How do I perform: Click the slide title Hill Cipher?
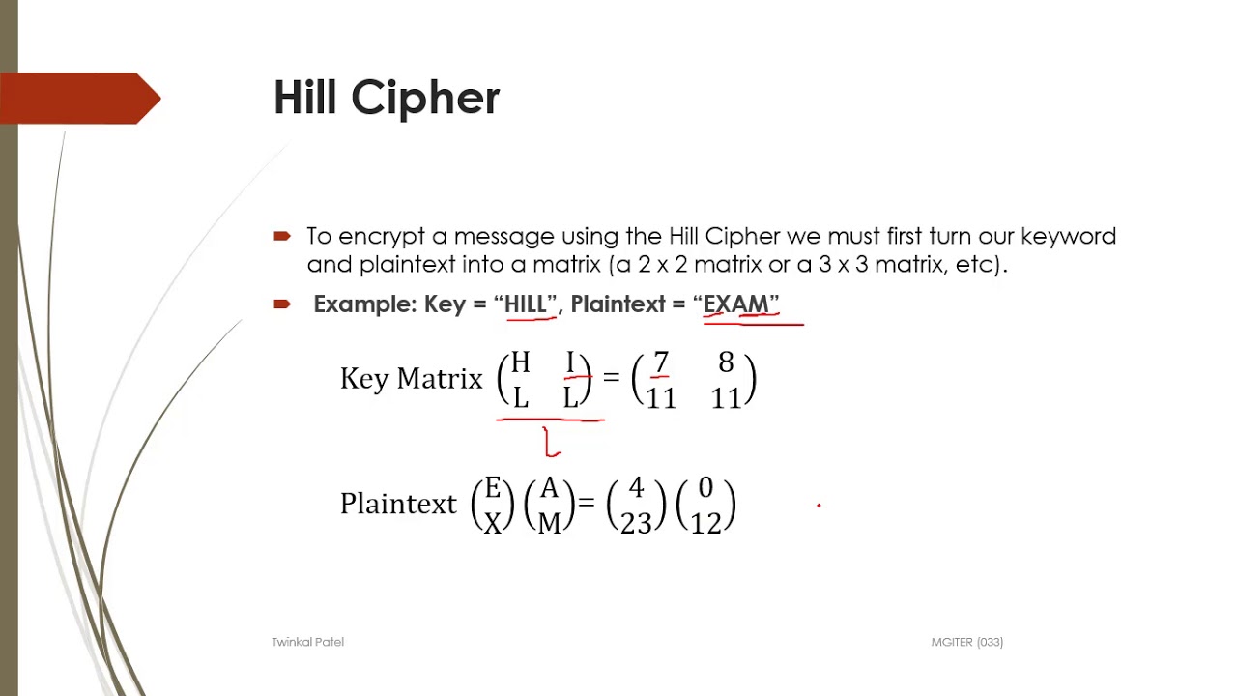coord(387,98)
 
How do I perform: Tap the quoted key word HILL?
coord(526,304)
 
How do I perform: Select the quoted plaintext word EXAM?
coord(735,304)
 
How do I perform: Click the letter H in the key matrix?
coord(520,362)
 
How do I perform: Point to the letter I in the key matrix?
coord(570,362)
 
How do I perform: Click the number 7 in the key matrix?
coord(661,362)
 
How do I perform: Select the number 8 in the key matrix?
coord(726,362)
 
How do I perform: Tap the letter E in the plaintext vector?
coord(493,488)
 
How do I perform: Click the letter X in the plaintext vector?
coord(493,523)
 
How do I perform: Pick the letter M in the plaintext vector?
coord(549,523)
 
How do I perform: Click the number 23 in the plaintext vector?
coord(636,523)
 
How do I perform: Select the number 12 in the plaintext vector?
coord(705,523)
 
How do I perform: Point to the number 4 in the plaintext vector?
coord(636,488)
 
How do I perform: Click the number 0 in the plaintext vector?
coord(705,488)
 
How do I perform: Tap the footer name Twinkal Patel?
coord(307,642)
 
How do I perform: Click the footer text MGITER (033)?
coord(966,642)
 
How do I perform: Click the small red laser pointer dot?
coord(819,505)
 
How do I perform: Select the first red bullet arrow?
coord(282,236)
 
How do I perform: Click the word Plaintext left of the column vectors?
coord(398,504)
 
